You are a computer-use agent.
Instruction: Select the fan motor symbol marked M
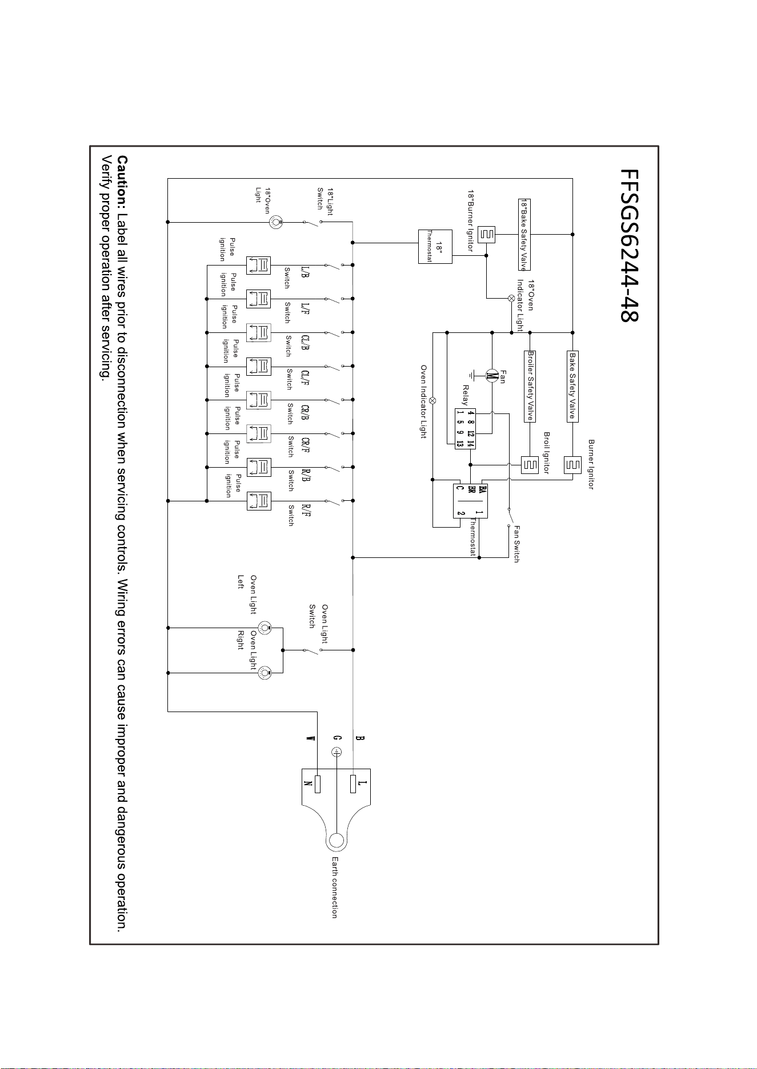coord(491,376)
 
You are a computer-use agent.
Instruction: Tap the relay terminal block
coord(466,428)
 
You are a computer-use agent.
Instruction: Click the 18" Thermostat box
coord(435,246)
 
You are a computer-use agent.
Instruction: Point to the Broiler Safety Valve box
coord(530,386)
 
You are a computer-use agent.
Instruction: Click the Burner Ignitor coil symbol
coord(572,465)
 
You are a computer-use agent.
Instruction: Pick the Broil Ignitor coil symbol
coord(530,465)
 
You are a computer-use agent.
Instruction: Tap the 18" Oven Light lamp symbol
coord(277,222)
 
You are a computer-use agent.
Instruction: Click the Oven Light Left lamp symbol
coord(265,627)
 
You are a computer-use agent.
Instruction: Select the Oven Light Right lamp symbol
coord(265,673)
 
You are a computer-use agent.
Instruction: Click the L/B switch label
coord(305,272)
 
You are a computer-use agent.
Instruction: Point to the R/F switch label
coord(306,509)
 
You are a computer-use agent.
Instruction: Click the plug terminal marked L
coord(355,784)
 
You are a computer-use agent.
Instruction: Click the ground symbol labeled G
coord(336,753)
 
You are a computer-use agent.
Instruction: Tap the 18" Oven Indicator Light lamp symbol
coord(511,298)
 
